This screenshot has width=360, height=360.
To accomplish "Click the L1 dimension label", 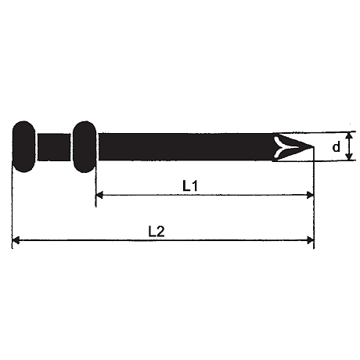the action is [190, 186].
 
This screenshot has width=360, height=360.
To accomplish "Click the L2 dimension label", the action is [157, 232].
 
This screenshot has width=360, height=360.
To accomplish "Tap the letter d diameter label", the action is [337, 146].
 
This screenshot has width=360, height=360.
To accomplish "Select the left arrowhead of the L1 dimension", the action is [99, 195].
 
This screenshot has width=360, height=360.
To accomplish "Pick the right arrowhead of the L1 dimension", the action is [311, 195].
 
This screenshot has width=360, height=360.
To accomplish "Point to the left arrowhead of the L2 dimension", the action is [16, 240].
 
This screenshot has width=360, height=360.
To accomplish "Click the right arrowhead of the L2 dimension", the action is [311, 240].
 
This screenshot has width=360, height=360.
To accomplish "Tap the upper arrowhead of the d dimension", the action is [349, 135].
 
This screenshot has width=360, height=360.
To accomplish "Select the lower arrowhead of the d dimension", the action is [349, 157].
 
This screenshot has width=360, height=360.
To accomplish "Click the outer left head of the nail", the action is [23, 146].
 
